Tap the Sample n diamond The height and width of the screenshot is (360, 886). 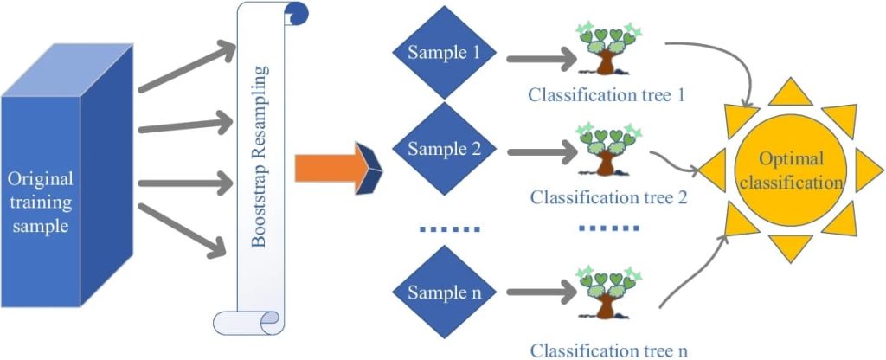tap(445, 292)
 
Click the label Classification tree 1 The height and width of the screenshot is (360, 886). tap(607, 93)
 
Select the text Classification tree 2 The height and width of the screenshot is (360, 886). tap(608, 197)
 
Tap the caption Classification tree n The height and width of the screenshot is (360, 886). tap(608, 350)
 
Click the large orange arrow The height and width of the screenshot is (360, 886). tap(332, 168)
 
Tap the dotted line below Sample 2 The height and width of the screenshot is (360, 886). tap(448, 229)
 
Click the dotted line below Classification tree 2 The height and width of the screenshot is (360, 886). tap(608, 228)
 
